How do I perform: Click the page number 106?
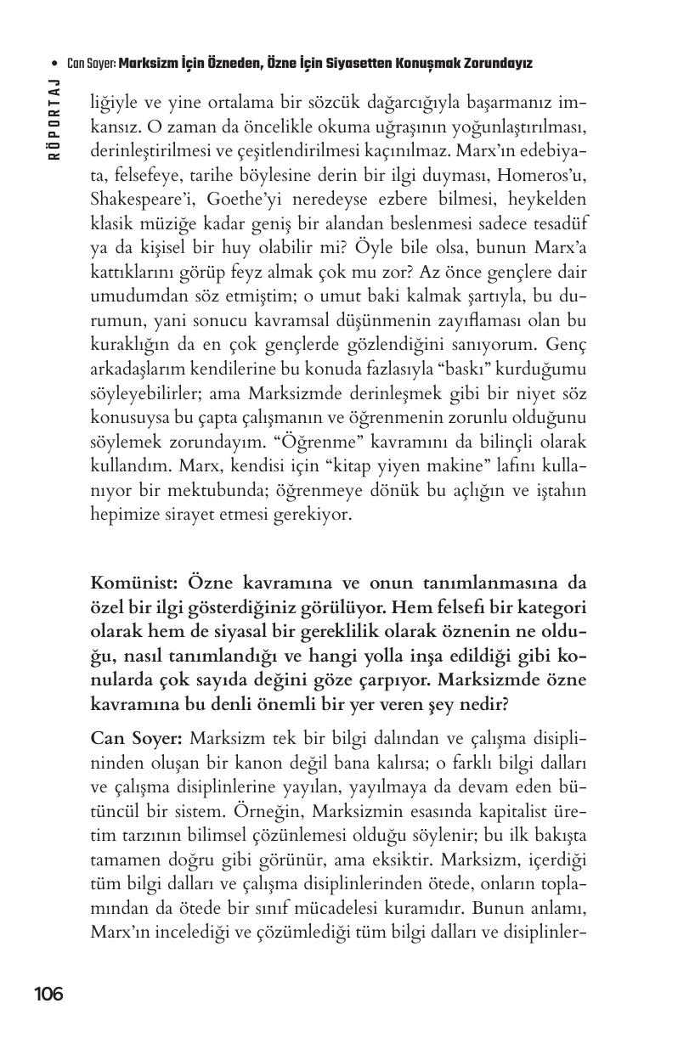click(x=48, y=994)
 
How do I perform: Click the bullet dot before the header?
click(x=55, y=64)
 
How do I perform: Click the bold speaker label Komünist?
click(x=134, y=584)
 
